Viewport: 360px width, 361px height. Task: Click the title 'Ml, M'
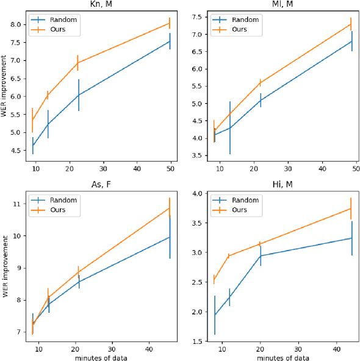point(281,5)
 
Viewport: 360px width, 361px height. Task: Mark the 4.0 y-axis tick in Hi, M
point(197,194)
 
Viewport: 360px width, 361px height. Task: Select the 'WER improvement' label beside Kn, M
point(5,86)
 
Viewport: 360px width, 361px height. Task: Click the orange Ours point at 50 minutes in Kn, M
point(169,23)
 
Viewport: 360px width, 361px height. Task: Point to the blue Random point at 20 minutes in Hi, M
point(261,256)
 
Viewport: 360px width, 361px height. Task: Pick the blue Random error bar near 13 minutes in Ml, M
point(229,127)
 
